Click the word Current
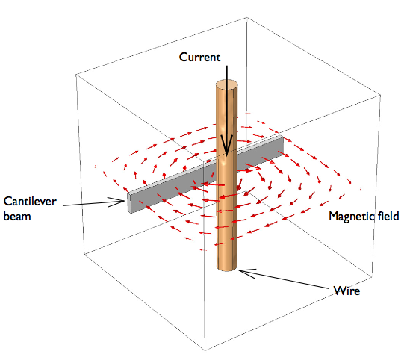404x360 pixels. pos(199,58)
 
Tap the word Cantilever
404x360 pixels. pos(30,201)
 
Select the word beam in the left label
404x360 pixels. pos(17,216)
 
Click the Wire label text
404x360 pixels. pos(346,291)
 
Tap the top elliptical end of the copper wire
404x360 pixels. pos(227,84)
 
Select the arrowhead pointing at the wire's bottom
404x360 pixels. pos(247,273)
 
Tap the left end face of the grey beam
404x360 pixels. pos(129,203)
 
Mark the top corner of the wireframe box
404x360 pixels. pos(247,17)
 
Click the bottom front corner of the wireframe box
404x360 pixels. pos(205,350)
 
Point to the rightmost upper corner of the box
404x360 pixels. pos(381,95)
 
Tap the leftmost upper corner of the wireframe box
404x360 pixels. pos(75,75)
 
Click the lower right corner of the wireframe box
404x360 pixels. pos(372,277)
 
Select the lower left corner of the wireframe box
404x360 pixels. pos(84,253)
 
